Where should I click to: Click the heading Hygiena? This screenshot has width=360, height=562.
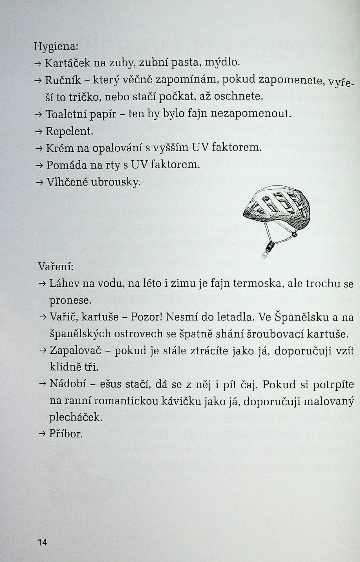(x=56, y=47)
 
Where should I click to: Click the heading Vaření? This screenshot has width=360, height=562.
(x=56, y=266)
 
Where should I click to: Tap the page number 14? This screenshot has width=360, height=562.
(x=42, y=542)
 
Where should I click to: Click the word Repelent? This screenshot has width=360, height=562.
(x=69, y=131)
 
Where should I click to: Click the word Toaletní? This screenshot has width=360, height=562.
(x=66, y=114)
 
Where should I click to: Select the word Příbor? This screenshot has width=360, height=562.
(x=66, y=433)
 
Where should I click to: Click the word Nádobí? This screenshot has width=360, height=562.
(x=68, y=384)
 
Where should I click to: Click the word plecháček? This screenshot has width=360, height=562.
(x=75, y=417)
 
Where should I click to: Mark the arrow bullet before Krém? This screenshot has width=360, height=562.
(x=39, y=148)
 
